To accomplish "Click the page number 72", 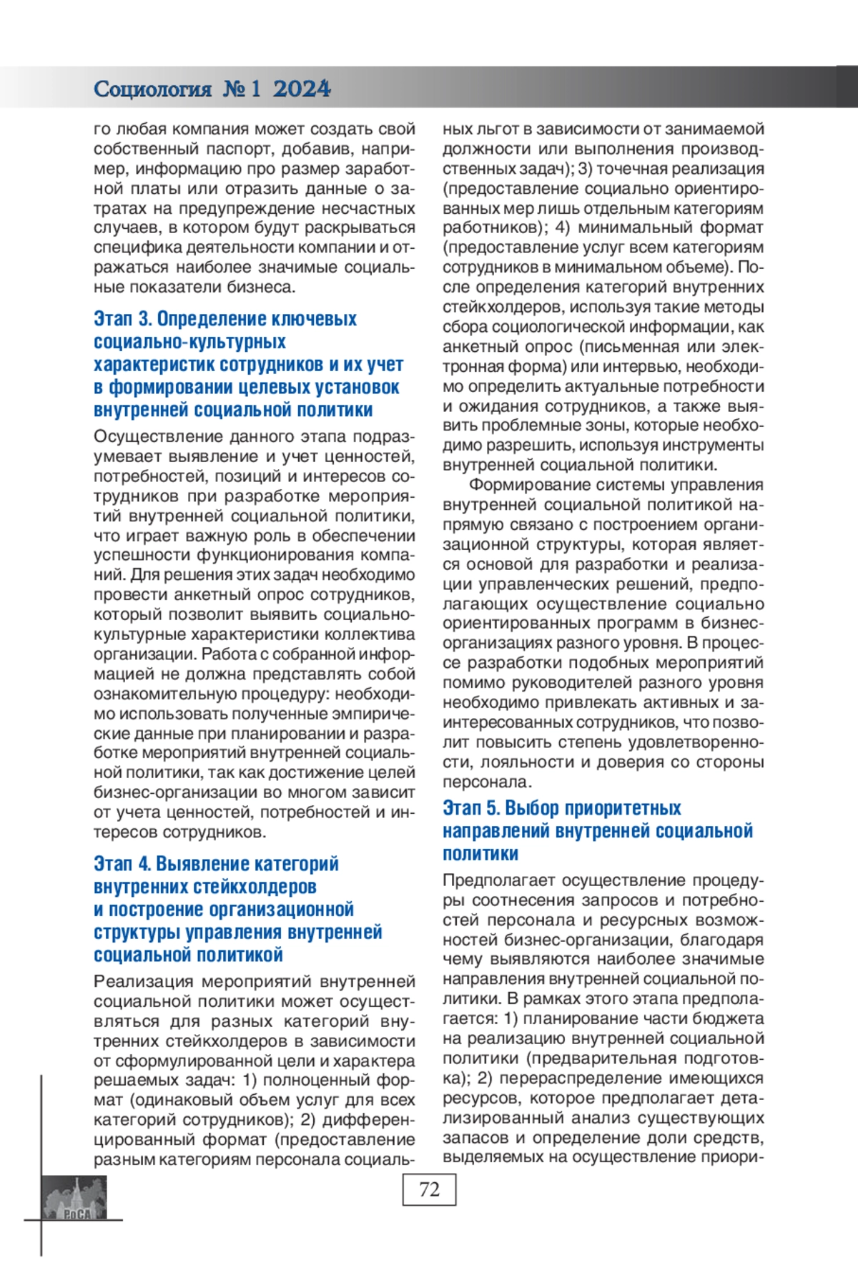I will click(429, 1189).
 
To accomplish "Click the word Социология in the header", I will click(152, 89).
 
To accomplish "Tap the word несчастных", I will click(371, 209).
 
